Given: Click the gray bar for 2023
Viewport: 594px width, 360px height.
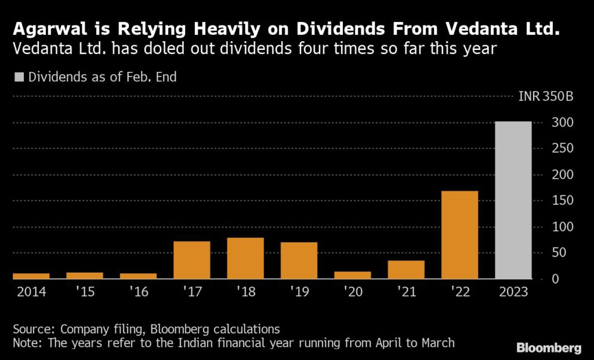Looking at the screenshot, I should [513, 200].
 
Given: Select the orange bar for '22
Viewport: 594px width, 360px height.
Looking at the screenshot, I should [460, 235].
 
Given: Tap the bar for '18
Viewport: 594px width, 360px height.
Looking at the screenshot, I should [245, 258].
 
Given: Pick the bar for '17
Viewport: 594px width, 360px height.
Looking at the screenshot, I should [191, 260].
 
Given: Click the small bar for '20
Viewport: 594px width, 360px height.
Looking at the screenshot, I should [353, 275].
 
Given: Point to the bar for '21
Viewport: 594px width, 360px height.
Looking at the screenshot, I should [406, 270].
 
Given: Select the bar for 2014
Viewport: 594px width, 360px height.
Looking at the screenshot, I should [31, 276].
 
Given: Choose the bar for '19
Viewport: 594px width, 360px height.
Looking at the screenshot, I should [299, 260].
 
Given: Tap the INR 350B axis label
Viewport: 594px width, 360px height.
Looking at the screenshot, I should [546, 97].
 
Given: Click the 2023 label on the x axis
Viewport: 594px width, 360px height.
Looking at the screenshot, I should [513, 292].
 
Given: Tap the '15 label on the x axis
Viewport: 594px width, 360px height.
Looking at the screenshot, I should [85, 292].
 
